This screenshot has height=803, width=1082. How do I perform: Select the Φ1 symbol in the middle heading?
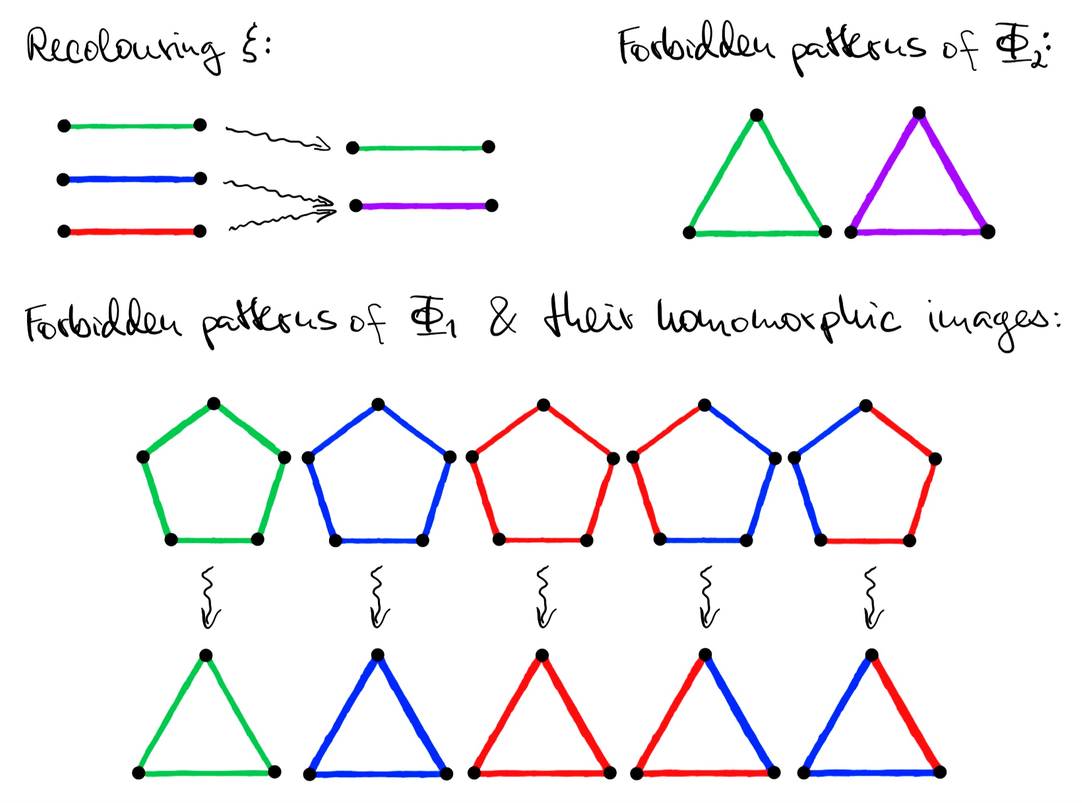click(432, 318)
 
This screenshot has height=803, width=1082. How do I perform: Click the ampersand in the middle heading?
click(502, 318)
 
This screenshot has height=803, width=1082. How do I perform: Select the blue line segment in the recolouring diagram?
click(131, 180)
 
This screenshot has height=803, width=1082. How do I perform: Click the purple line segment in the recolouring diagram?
click(424, 206)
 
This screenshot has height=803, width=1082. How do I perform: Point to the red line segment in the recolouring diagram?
click(131, 232)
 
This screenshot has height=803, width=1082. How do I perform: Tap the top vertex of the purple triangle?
click(919, 113)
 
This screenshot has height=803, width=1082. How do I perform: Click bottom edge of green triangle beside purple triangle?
click(757, 233)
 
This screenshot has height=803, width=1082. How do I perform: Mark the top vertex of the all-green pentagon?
click(213, 404)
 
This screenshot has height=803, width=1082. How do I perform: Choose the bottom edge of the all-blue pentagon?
click(379, 541)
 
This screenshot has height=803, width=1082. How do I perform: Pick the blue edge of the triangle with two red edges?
click(739, 713)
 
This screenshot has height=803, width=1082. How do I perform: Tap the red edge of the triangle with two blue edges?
click(906, 713)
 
